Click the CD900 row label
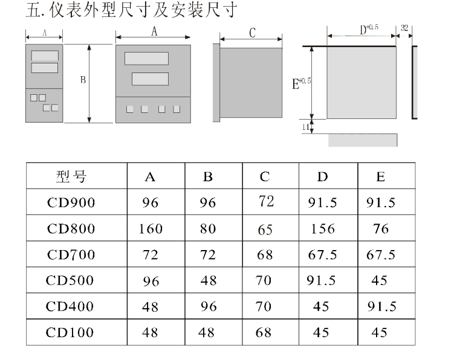(71, 202)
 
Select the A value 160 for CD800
(151, 229)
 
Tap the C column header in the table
(265, 176)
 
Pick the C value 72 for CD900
(267, 201)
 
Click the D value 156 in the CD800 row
(323, 229)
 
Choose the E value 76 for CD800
(381, 229)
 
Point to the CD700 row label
(71, 255)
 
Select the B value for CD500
(209, 280)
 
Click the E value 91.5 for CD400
(382, 306)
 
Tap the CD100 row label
(70, 332)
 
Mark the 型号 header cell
(71, 176)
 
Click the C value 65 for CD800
(265, 230)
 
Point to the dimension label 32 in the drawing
(404, 28)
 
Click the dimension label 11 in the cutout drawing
(306, 127)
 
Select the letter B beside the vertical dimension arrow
(83, 80)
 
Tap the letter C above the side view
(252, 33)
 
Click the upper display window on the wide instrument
(146, 59)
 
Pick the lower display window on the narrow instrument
(45, 68)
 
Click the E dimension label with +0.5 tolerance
(302, 83)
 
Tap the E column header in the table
(381, 176)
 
